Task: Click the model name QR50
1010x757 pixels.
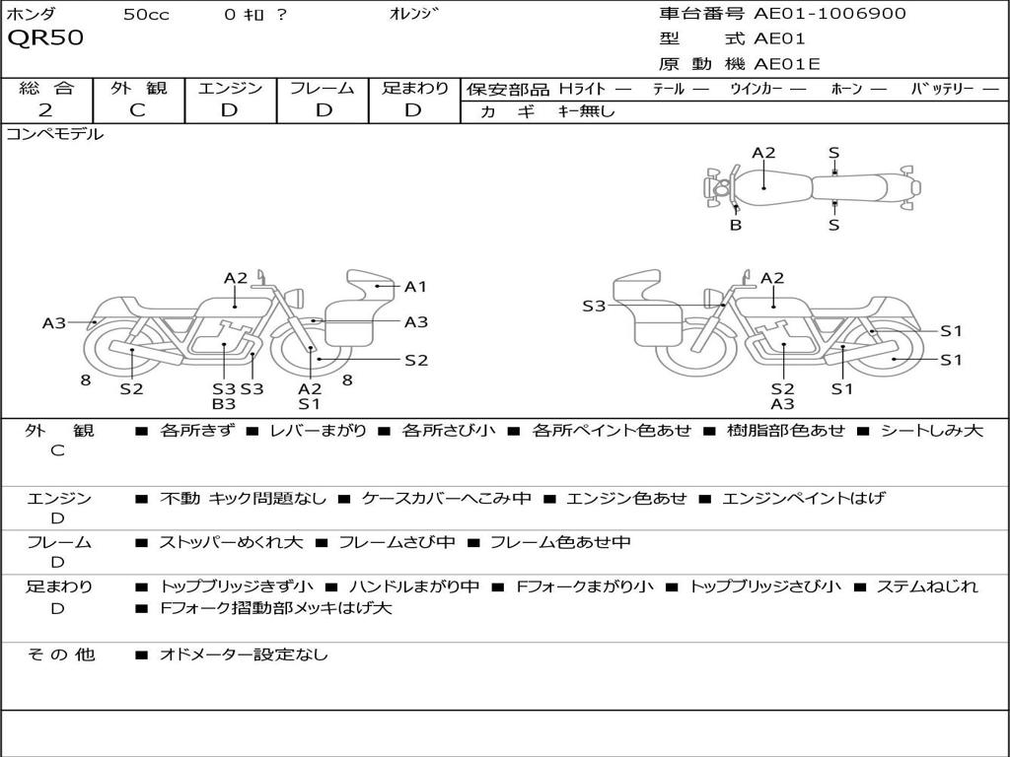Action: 45,38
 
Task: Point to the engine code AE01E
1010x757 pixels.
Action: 787,64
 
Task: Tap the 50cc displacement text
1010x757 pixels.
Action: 145,14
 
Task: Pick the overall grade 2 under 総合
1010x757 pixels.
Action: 45,110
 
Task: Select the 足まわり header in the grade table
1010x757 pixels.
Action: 414,88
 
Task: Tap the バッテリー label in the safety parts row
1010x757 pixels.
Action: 941,89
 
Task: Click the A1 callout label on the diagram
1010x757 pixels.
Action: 415,287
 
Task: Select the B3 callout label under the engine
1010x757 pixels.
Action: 224,403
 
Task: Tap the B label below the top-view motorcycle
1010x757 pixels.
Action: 736,225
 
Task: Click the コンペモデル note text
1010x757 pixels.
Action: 55,135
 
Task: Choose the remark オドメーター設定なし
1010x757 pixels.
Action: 244,654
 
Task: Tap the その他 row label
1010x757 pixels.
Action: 61,654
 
